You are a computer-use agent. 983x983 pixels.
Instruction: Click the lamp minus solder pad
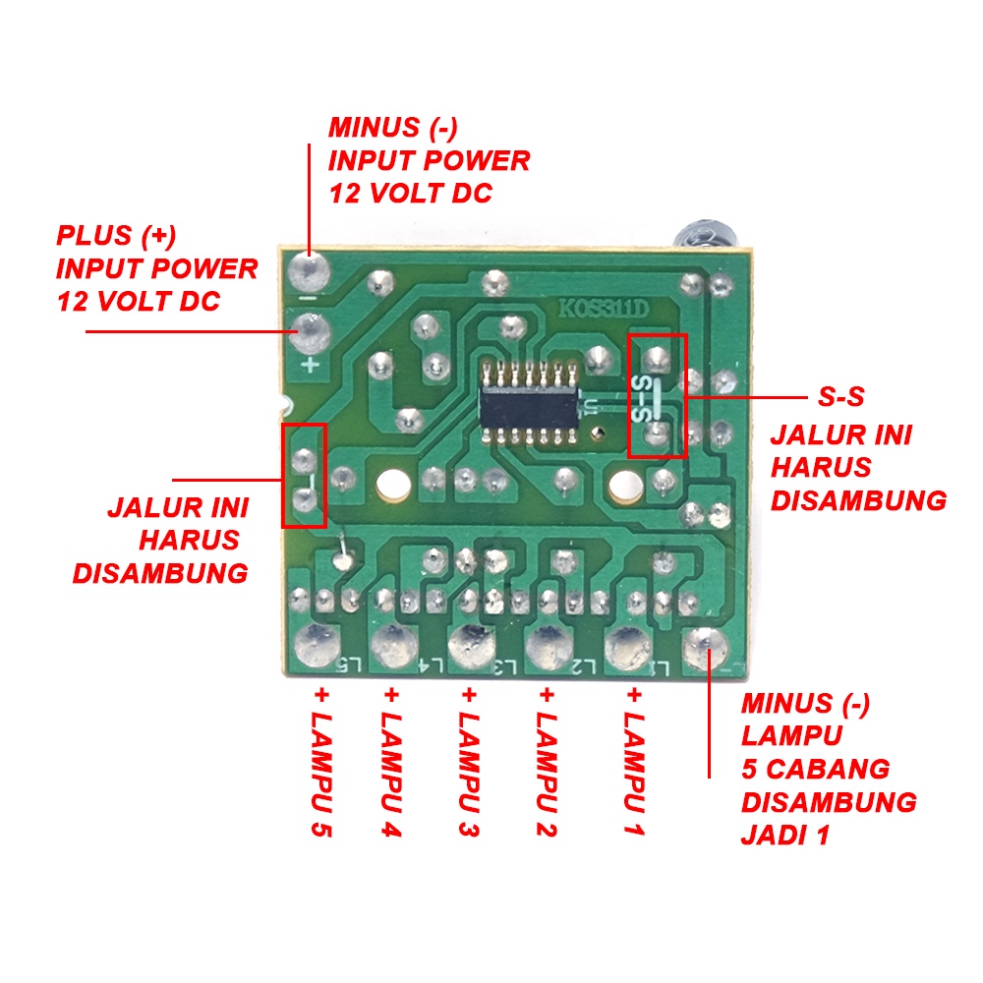(704, 645)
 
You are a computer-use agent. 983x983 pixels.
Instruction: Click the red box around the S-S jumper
(658, 395)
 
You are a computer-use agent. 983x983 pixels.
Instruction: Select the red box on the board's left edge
(304, 476)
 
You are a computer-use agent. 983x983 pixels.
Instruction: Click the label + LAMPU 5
(321, 763)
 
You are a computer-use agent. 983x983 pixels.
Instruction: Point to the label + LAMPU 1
(633, 763)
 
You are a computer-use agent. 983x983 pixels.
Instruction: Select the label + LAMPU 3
(470, 763)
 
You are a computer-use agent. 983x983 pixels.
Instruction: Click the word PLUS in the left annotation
(94, 236)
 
